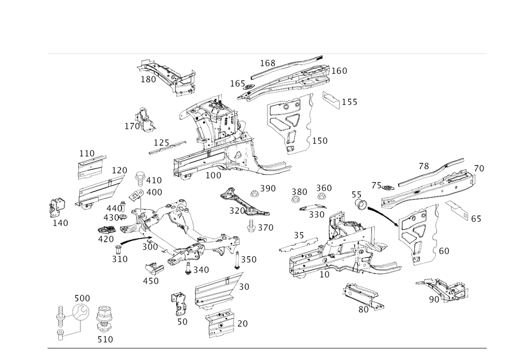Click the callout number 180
(x=340, y=71)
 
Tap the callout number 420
(x=106, y=239)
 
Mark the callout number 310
(x=119, y=258)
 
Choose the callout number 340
(x=199, y=268)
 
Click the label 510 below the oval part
(x=105, y=339)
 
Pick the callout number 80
(x=363, y=308)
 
